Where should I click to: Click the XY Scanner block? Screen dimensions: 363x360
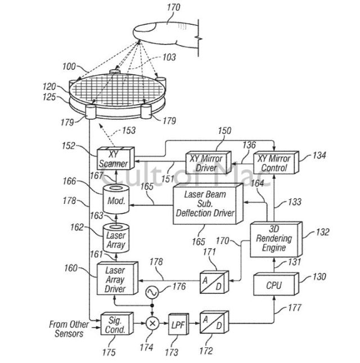114,160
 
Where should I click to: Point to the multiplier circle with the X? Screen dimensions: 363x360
151,325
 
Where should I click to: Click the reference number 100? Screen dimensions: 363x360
69,66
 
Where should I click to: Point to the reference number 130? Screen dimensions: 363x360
318,276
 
